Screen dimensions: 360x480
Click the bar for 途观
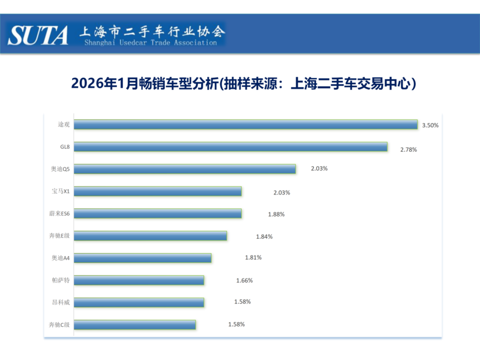coord(246,125)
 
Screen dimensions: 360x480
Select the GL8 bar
coord(231,147)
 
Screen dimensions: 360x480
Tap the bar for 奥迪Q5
coord(185,169)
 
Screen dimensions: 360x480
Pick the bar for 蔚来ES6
coord(158,214)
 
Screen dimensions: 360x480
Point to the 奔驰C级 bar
coord(135,325)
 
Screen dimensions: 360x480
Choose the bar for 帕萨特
coord(139,280)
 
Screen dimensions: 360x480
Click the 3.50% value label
coord(431,125)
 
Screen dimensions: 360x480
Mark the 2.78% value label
coord(409,149)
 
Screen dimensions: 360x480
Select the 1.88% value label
coord(276,214)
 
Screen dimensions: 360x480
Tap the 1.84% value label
coord(264,236)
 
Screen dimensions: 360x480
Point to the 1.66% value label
coord(244,280)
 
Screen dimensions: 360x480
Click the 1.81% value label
coord(253,258)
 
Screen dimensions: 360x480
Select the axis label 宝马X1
coord(61,191)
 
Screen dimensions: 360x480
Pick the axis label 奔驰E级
coord(59,236)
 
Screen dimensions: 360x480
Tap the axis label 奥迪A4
coord(61,258)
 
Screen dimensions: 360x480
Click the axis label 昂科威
coord(61,302)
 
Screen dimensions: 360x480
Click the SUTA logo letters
coord(38,35)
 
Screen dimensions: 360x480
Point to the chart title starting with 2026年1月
coord(244,84)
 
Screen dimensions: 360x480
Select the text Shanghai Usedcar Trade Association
coord(151,43)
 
